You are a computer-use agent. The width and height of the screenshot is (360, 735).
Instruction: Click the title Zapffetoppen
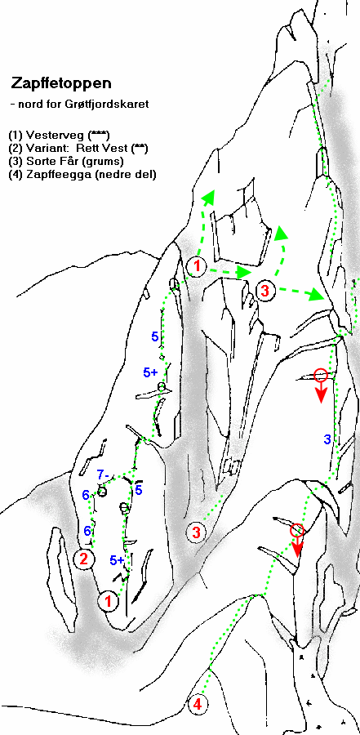pyautogui.click(x=61, y=83)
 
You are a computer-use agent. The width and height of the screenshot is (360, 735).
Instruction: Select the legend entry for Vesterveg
pyautogui.click(x=59, y=136)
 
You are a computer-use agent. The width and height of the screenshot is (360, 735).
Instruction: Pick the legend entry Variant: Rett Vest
pyautogui.click(x=78, y=149)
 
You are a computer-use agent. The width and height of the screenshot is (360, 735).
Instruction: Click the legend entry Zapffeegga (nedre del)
pyautogui.click(x=82, y=175)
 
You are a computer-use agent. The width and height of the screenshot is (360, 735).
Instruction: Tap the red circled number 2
pyautogui.click(x=84, y=559)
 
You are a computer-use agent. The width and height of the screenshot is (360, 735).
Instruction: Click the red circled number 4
pyautogui.click(x=198, y=705)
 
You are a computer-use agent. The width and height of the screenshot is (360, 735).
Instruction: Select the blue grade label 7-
pyautogui.click(x=103, y=474)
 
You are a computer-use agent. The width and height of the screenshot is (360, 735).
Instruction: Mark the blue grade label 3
pyautogui.click(x=327, y=439)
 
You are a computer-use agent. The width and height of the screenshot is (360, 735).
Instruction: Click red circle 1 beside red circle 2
pyautogui.click(x=109, y=600)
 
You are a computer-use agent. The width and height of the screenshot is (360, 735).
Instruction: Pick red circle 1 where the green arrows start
pyautogui.click(x=197, y=266)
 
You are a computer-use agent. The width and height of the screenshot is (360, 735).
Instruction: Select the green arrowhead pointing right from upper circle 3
pyautogui.click(x=316, y=296)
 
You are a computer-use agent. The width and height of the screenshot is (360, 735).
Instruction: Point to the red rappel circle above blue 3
pyautogui.click(x=321, y=375)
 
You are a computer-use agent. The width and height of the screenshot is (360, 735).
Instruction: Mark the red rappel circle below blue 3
pyautogui.click(x=297, y=530)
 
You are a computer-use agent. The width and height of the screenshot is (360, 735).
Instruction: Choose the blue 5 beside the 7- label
pyautogui.click(x=139, y=490)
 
